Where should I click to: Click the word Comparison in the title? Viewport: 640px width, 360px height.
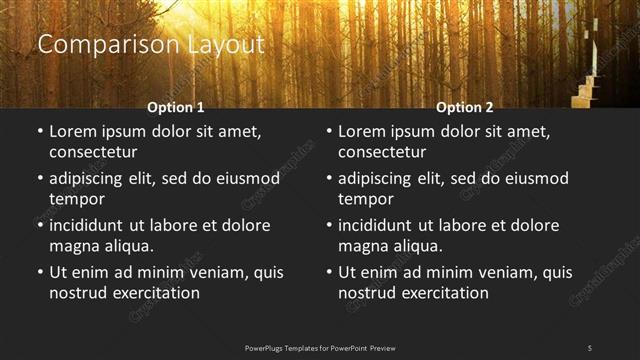[96, 45]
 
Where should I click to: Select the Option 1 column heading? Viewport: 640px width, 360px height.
[176, 107]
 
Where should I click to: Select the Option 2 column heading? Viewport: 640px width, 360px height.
[465, 107]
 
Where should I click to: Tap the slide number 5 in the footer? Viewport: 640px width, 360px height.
[589, 347]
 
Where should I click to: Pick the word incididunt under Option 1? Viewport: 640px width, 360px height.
[91, 226]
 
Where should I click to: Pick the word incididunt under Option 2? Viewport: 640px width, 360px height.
[380, 226]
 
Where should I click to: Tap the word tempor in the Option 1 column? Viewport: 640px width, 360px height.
[77, 198]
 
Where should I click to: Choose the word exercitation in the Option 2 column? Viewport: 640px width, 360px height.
[442, 293]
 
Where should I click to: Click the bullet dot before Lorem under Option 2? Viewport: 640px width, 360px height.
[328, 132]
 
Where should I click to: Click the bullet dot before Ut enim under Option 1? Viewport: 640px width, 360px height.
[39, 272]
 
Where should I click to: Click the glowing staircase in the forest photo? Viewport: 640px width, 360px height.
[588, 85]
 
